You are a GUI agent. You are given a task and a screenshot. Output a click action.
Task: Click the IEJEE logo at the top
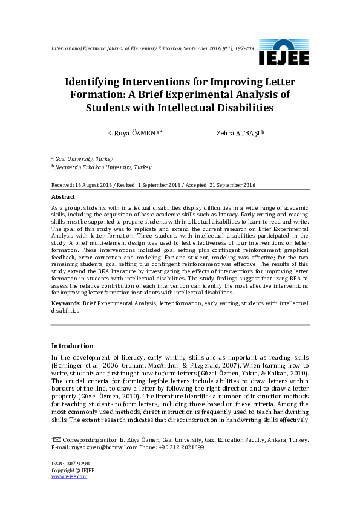click(x=283, y=53)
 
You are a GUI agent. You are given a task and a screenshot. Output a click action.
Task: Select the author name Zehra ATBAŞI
click(x=238, y=134)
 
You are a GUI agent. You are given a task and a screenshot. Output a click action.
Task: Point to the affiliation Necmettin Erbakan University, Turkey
click(x=104, y=167)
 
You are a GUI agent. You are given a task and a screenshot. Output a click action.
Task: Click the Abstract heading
click(x=63, y=197)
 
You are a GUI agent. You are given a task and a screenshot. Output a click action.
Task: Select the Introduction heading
click(x=72, y=346)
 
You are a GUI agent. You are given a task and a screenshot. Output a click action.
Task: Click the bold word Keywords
click(x=65, y=303)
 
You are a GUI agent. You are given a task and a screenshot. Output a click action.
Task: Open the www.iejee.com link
click(x=69, y=476)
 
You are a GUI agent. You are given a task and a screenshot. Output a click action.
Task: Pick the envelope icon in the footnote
click(x=57, y=439)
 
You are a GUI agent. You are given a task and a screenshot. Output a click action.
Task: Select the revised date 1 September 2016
click(x=159, y=185)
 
